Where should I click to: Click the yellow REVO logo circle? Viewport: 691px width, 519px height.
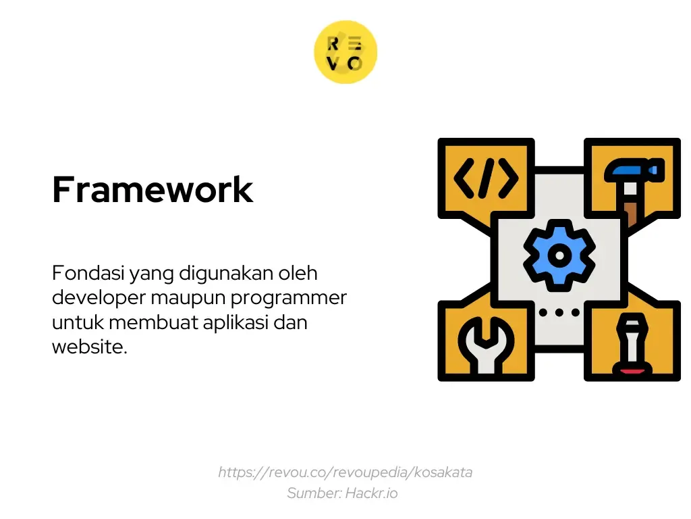tap(345, 52)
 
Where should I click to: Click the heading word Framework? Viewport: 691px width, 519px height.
tap(153, 190)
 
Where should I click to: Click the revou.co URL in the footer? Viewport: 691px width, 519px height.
tap(345, 472)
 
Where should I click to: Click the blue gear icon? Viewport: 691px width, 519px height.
tap(559, 255)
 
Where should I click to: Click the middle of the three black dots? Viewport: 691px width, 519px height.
tap(559, 312)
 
